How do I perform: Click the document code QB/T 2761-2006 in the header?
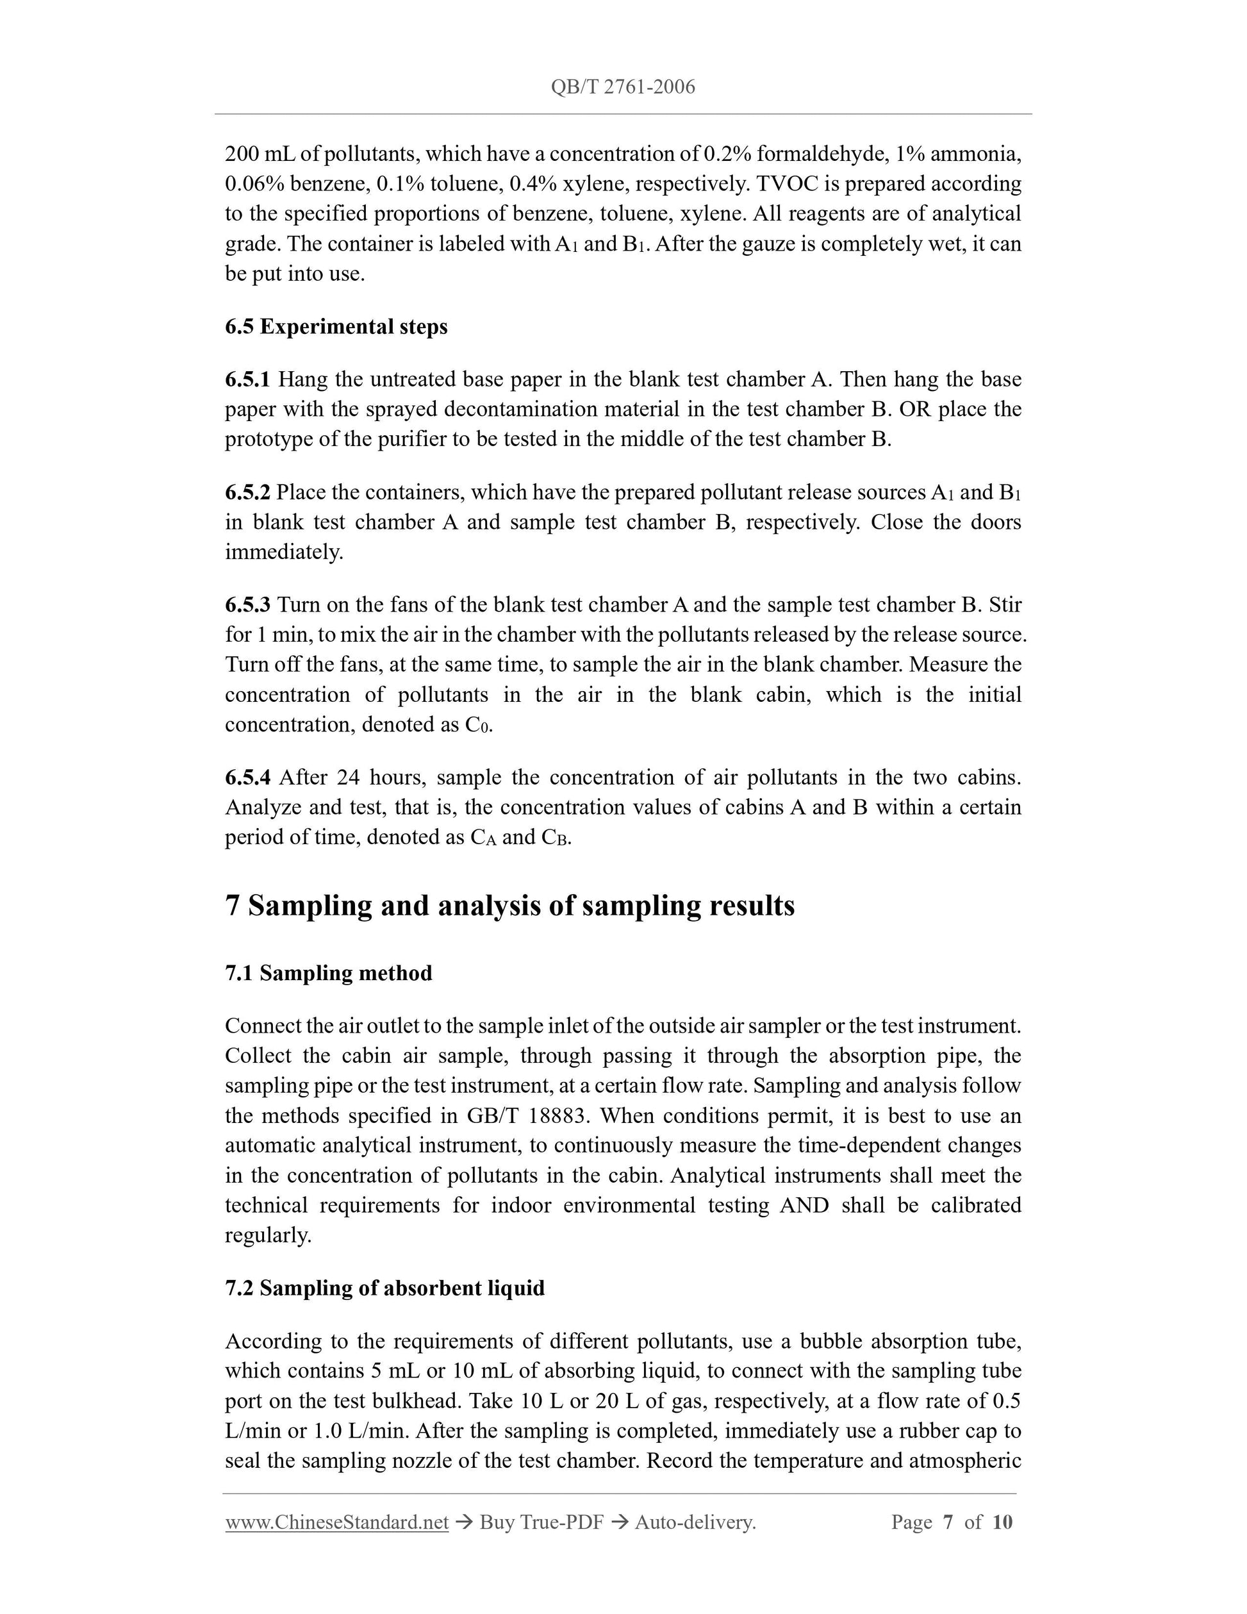(623, 87)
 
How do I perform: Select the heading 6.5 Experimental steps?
(336, 327)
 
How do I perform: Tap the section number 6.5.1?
(247, 379)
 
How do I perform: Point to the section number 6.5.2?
(247, 492)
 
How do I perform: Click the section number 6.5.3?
(247, 604)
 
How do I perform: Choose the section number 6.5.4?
(247, 777)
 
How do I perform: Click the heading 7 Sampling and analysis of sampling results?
(509, 905)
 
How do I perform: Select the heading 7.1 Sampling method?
(329, 973)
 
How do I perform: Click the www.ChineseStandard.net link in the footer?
(337, 1522)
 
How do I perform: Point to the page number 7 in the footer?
(948, 1522)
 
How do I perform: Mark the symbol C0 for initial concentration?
(477, 725)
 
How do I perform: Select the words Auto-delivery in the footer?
(695, 1522)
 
